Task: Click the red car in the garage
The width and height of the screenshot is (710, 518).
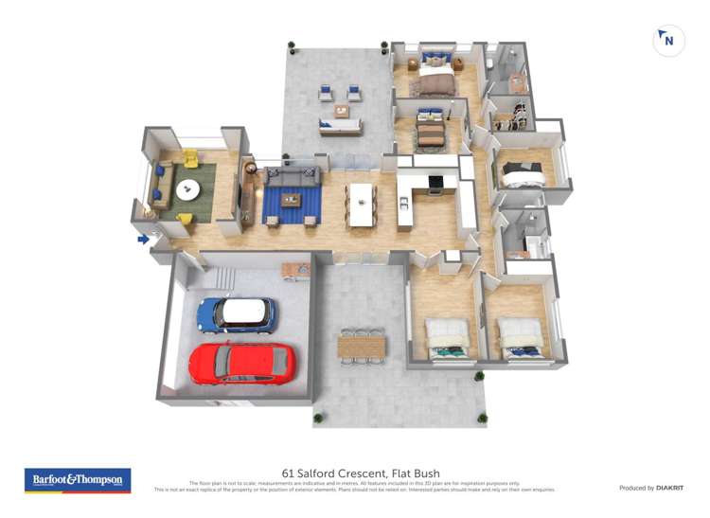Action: point(242,363)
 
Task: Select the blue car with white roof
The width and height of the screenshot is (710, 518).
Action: point(237,314)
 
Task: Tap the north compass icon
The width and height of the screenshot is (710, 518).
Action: point(668,41)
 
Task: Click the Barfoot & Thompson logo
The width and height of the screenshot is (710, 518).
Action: point(77,480)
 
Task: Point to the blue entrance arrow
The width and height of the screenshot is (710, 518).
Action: point(143,239)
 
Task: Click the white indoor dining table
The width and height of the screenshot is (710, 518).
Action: point(361,204)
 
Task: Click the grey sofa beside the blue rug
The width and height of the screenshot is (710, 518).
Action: point(293,175)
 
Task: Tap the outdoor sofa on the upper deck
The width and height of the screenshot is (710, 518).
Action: point(340,126)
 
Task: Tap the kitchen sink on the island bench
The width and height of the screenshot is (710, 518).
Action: point(404,202)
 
